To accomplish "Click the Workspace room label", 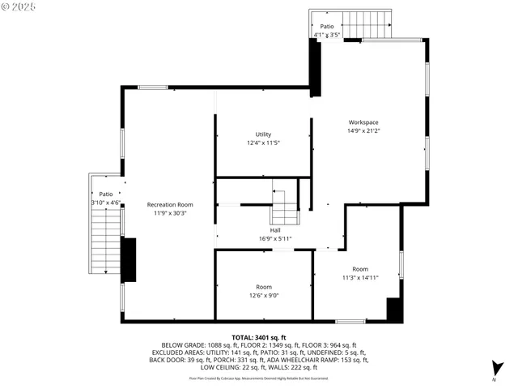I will click(x=363, y=122).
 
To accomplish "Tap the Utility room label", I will click(x=263, y=135).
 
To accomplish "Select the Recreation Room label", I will click(x=170, y=204).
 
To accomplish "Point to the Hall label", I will click(x=275, y=230).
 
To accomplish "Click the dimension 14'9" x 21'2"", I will click(x=363, y=130).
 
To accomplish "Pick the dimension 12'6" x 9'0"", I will click(x=264, y=295).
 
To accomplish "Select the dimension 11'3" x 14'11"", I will click(x=360, y=277).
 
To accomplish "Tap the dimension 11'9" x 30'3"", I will click(x=170, y=213).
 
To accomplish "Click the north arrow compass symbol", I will click(x=498, y=369).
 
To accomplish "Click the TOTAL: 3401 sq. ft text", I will click(x=259, y=337).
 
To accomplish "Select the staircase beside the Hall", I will click(x=284, y=208).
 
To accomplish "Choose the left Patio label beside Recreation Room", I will click(x=105, y=199).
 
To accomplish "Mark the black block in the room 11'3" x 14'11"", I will click(x=394, y=310).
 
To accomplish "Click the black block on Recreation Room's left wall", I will click(x=128, y=259).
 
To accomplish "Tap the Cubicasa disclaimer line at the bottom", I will click(x=259, y=378).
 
